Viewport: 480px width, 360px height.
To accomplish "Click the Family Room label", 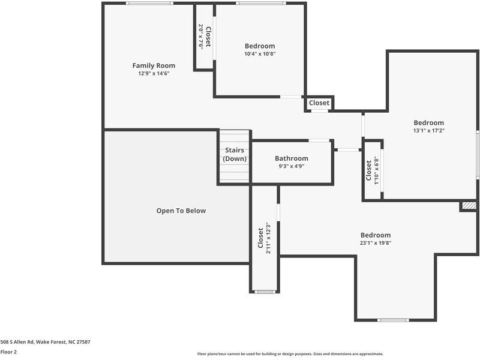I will (154, 65).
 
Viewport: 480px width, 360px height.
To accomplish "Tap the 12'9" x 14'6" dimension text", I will (154, 74).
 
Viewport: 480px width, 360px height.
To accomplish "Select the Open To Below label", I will (181, 211).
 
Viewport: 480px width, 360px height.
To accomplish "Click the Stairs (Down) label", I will (234, 154).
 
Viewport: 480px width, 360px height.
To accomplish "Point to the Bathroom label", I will (292, 158).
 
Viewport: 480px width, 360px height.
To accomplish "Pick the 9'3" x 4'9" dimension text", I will (292, 166).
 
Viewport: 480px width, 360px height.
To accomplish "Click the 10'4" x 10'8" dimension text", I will (260, 54).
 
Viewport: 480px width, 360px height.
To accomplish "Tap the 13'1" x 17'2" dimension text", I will (428, 130).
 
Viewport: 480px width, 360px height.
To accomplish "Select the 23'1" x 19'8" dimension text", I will (375, 243).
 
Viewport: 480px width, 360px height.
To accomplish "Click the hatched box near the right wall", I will (469, 206).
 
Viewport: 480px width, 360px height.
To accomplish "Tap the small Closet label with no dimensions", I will (319, 103).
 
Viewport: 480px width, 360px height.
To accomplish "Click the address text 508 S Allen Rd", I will (45, 341).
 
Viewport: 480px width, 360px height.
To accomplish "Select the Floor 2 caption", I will (8, 352).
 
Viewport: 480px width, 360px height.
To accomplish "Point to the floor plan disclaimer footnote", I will (290, 354).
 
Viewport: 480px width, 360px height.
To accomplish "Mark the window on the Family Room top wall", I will (150, 4).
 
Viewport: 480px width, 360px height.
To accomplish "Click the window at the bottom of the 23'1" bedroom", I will (394, 320).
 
